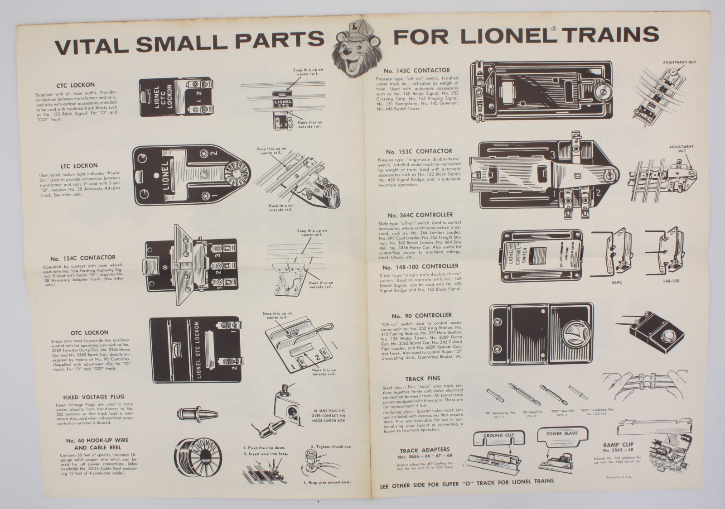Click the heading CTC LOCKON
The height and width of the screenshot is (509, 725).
(x=76, y=85)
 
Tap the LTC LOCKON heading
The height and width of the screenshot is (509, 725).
(x=81, y=166)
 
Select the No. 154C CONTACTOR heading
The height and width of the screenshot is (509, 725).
(x=83, y=258)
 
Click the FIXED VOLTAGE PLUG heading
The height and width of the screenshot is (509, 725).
(x=94, y=397)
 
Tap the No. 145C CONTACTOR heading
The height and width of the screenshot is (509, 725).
(x=416, y=71)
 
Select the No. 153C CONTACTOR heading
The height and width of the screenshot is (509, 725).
(x=419, y=151)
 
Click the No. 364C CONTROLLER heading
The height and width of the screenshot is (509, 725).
(x=420, y=215)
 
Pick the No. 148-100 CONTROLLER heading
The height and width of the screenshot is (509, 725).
(x=420, y=266)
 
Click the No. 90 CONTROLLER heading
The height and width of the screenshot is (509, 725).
(x=422, y=315)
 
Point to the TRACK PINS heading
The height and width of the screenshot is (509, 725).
(x=422, y=378)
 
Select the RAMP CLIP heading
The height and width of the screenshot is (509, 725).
(x=618, y=445)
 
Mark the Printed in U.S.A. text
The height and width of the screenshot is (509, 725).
(x=619, y=477)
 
